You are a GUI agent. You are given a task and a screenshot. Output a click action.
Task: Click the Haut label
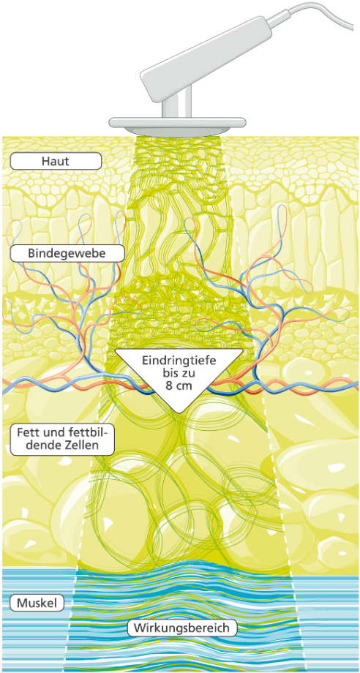56,162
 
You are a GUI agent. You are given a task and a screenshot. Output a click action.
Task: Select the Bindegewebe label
67,253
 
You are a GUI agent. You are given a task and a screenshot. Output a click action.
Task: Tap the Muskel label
37,603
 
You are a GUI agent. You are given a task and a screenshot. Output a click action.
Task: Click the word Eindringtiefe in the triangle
179,360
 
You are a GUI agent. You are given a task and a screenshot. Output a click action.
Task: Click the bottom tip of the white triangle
179,414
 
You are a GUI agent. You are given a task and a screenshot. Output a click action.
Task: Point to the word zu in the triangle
189,373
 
